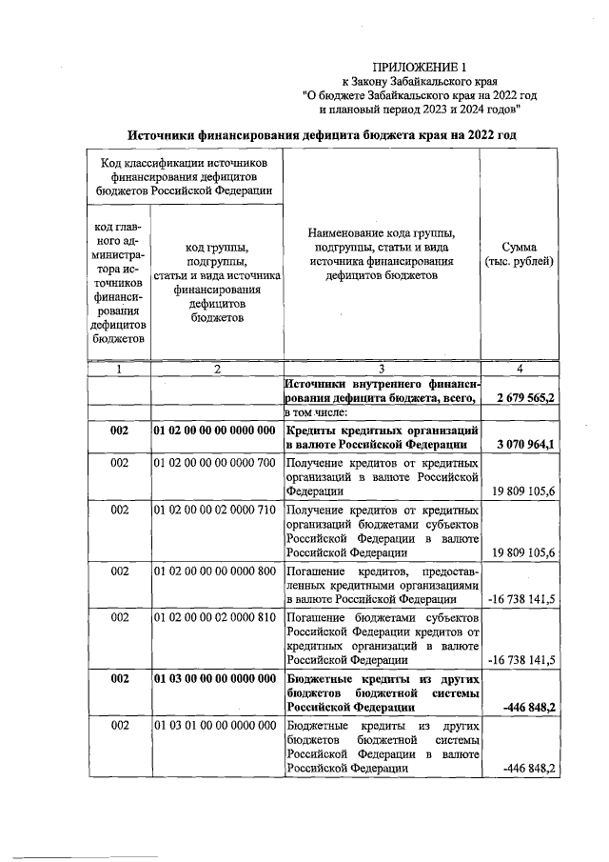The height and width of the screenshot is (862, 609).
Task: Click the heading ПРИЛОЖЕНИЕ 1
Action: [419, 67]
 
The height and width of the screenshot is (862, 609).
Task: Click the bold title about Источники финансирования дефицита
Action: [323, 135]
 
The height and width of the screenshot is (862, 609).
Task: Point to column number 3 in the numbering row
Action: [380, 369]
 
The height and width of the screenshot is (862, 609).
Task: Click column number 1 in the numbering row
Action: [118, 369]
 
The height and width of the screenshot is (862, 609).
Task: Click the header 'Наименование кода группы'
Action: [381, 232]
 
